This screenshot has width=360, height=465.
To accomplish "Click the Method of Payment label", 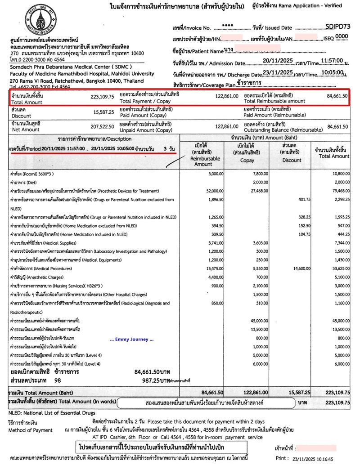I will pyautogui.click(x=30, y=430).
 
